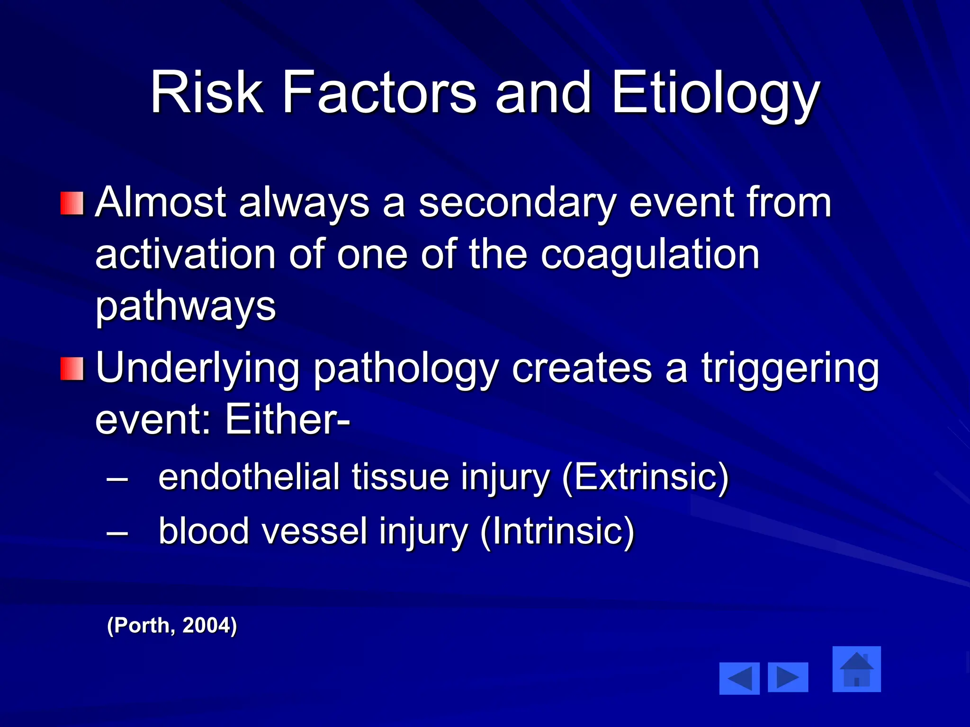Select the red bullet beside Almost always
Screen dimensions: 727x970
[x=72, y=203]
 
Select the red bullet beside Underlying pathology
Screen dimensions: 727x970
[x=72, y=369]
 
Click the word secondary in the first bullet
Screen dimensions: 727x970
[x=517, y=204]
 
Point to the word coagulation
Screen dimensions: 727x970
[x=650, y=256]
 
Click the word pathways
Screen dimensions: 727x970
[x=185, y=307]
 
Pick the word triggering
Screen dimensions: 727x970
[x=790, y=369]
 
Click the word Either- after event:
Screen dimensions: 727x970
[x=287, y=420]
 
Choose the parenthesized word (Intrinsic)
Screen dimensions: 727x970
[x=557, y=532]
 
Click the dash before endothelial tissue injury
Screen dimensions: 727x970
[x=117, y=479]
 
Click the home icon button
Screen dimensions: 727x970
[x=856, y=669]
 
